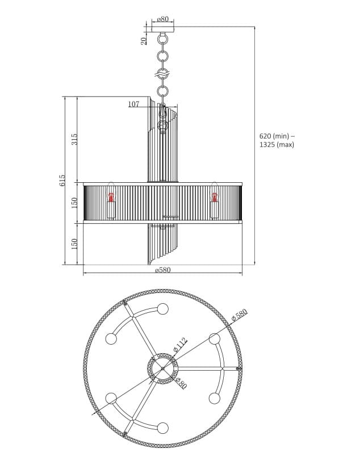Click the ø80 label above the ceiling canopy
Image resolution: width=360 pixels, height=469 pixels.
click(163, 19)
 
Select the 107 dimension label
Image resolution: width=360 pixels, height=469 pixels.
click(133, 104)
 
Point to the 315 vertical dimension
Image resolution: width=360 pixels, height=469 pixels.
click(74, 140)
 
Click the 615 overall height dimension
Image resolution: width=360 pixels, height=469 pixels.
click(62, 180)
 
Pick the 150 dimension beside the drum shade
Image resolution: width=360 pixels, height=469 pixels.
click(74, 203)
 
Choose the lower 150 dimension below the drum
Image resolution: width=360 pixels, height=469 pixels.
click(74, 244)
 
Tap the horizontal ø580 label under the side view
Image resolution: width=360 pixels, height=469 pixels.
click(162, 270)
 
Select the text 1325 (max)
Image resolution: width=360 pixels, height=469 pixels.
click(277, 145)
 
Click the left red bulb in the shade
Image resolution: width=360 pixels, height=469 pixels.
click(111, 198)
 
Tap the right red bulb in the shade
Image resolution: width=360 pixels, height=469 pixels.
click(215, 198)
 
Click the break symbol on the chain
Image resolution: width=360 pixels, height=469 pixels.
click(163, 74)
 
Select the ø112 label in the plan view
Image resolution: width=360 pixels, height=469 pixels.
click(180, 345)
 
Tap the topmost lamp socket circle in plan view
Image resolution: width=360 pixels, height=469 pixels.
click(163, 309)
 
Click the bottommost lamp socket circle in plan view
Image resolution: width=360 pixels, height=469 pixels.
click(163, 428)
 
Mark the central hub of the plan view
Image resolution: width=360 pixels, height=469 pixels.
click(163, 368)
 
